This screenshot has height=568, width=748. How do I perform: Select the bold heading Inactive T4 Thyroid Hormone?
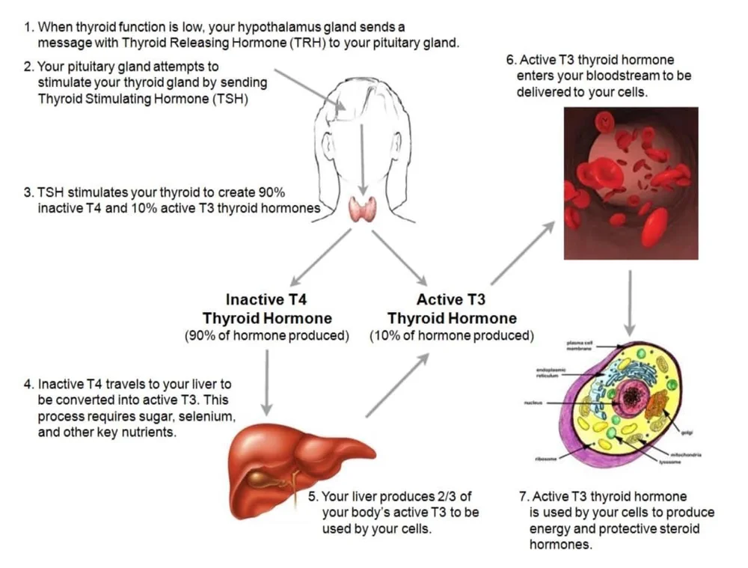(266, 309)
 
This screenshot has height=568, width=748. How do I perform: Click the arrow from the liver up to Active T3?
(397, 385)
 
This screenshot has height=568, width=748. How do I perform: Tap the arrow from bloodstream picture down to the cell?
(630, 302)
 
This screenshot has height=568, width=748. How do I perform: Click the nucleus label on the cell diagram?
(533, 403)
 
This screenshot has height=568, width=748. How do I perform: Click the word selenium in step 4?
(192, 415)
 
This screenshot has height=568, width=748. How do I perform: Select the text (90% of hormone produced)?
(267, 336)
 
